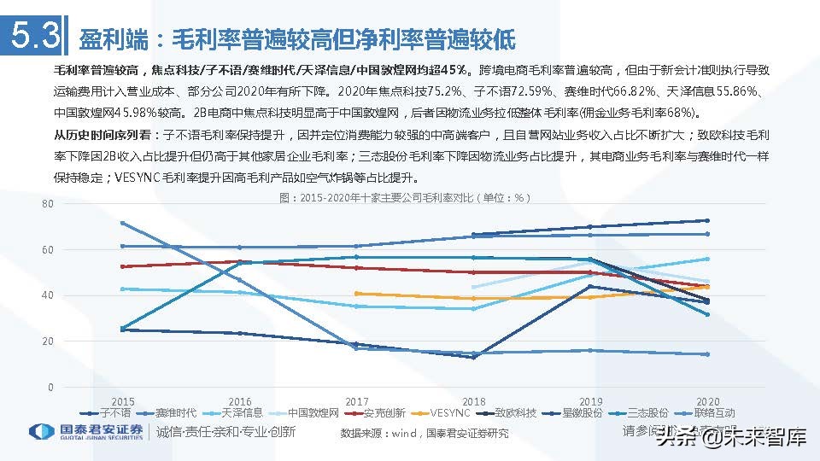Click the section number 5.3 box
tap(33, 37)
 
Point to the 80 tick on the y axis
tap(48, 204)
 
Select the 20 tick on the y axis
tap(48, 341)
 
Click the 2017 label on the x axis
tap(356, 400)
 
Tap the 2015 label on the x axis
tap(123, 400)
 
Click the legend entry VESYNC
tap(450, 412)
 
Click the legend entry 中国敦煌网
tap(313, 412)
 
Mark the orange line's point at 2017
tap(356, 294)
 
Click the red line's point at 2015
tap(123, 266)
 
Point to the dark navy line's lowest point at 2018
tap(473, 357)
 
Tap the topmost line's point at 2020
tap(706, 220)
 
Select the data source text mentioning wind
tap(424, 433)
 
